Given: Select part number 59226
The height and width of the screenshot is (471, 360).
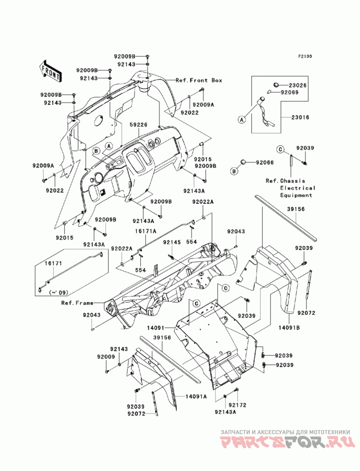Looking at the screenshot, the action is [x=139, y=124].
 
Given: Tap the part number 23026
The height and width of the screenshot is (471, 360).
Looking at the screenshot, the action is [x=298, y=85].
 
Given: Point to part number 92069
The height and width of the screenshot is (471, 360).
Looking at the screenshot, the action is [x=290, y=93].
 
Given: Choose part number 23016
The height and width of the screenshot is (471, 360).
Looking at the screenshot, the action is [x=300, y=117].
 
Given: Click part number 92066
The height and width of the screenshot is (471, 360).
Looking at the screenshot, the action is [x=265, y=162].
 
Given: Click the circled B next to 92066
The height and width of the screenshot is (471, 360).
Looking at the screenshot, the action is [x=234, y=171].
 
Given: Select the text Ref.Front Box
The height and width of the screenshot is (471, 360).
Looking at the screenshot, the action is [x=198, y=80].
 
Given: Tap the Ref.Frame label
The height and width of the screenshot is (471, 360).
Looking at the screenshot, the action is [x=77, y=303].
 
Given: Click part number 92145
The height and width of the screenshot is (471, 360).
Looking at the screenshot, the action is [x=172, y=242].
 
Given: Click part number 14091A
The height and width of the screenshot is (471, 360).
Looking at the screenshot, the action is [x=196, y=396].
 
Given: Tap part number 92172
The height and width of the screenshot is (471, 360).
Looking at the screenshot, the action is [x=238, y=405].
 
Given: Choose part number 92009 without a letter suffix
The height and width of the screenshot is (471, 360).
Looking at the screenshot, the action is [x=106, y=357].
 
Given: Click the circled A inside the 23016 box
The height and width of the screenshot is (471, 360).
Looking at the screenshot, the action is [x=242, y=120].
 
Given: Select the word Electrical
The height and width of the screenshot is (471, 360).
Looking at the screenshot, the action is [x=298, y=188].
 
